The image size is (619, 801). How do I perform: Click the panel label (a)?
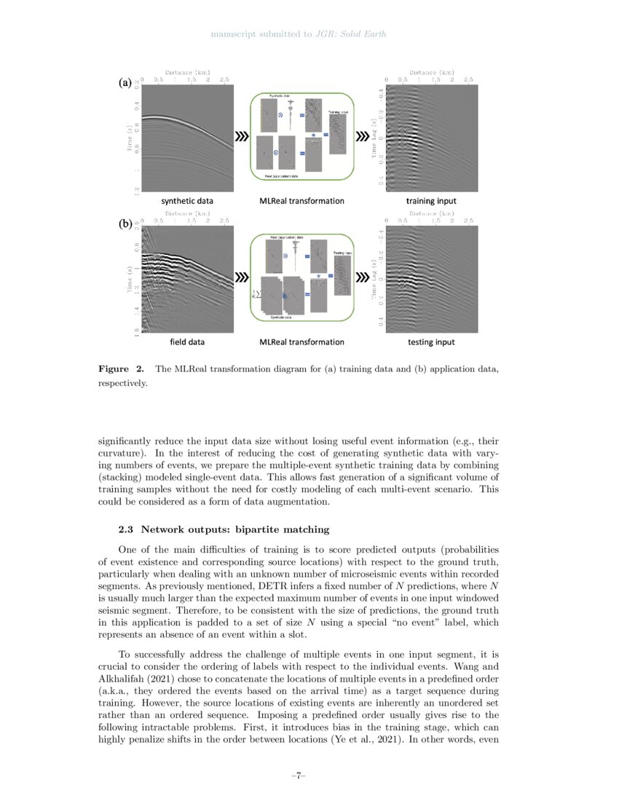(x=125, y=83)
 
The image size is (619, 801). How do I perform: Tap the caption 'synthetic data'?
(x=187, y=200)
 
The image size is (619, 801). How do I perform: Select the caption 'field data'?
(x=187, y=342)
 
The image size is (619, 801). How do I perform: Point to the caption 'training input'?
(x=432, y=200)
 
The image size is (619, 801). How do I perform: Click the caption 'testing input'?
(x=432, y=342)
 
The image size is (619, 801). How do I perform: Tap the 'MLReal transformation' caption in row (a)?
(x=302, y=200)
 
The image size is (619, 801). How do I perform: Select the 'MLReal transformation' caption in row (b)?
(x=302, y=342)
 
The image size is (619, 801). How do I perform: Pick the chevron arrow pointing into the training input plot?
(x=362, y=136)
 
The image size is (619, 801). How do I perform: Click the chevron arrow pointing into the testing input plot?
(x=362, y=277)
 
